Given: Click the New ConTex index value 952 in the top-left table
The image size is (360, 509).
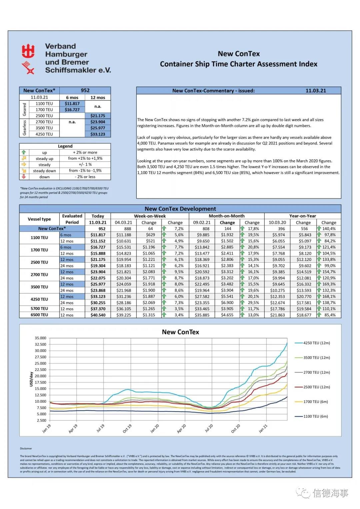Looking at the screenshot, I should click(85, 90).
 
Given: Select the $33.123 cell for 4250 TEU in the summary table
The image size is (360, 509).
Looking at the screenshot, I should click(98, 134).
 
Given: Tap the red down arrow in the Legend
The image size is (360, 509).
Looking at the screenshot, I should click(24, 177).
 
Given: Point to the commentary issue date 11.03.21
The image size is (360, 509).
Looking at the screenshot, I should click(316, 91).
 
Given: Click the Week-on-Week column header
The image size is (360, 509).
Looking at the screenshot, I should click(150, 216).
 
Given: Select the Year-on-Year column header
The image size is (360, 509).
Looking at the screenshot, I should click(302, 216).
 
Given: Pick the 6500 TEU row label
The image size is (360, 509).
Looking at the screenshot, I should click(39, 315).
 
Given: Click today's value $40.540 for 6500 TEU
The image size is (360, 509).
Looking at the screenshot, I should click(98, 315).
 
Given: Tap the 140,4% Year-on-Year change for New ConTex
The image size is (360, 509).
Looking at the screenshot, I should click(329, 229).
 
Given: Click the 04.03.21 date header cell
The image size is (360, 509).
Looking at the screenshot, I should click(123, 222).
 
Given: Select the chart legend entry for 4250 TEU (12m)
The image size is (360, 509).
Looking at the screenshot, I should click(316, 343).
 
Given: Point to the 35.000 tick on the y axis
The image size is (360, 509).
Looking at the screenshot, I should click(40, 338).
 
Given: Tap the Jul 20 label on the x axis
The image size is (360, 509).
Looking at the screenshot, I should click(209, 428).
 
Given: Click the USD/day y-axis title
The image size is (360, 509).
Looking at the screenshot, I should click(31, 379).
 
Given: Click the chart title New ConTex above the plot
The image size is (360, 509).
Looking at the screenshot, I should click(180, 332).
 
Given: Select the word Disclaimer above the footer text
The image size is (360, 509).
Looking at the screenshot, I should click(26, 448).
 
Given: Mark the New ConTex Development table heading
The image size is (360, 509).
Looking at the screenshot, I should click(180, 209).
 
